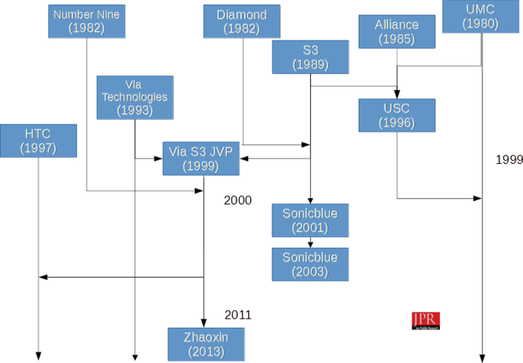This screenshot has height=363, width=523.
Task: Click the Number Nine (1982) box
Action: [86, 21]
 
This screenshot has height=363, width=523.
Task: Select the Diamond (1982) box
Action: [241, 21]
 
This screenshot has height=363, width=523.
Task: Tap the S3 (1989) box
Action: [310, 58]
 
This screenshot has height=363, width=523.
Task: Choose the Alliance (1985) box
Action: [396, 31]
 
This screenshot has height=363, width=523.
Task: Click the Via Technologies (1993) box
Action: [134, 97]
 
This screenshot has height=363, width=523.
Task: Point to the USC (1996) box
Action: [396, 115]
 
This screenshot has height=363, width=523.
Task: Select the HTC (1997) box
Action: [38, 141]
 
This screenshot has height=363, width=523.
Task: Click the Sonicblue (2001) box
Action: [310, 220]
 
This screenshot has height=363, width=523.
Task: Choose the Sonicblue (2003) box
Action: [310, 264]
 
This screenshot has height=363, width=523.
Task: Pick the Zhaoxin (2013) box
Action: [203, 344]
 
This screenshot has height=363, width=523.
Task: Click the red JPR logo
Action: [425, 320]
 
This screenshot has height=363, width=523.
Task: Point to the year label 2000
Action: [237, 200]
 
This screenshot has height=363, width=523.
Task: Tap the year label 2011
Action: [237, 314]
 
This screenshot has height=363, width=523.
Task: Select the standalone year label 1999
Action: [508, 160]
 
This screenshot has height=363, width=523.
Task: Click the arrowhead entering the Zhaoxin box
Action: [203, 323]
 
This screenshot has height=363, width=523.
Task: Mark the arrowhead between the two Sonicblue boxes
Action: [310, 243]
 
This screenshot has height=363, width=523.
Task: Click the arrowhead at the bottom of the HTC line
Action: [38, 356]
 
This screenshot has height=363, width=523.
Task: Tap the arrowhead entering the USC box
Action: [396, 95]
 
